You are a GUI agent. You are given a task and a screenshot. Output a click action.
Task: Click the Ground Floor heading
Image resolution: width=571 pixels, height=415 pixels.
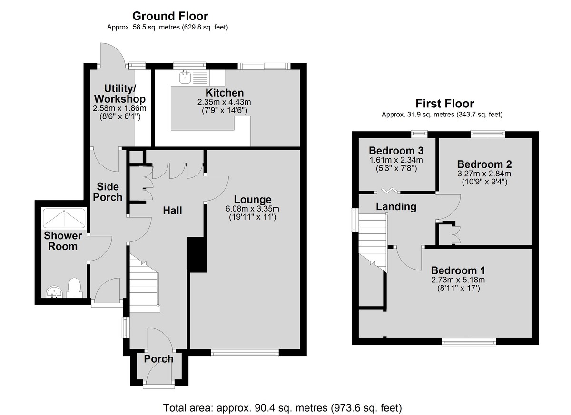point(170,16)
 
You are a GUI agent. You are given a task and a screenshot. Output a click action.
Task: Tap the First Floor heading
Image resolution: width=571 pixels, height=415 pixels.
point(445,104)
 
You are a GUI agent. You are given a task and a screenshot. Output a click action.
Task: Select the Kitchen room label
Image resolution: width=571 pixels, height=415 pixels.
point(225,93)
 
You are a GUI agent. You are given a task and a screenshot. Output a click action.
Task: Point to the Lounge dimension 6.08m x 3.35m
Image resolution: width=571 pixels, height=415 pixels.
point(252,209)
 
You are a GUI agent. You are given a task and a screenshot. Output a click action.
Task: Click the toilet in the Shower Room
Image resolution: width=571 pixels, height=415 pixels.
point(74,288)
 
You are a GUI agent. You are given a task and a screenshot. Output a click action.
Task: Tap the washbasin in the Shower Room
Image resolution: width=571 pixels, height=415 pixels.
point(54,291)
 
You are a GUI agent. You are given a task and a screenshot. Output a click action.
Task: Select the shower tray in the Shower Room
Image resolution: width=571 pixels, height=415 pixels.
point(64,218)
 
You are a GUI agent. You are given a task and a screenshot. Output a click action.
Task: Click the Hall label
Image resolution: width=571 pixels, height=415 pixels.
point(172,211)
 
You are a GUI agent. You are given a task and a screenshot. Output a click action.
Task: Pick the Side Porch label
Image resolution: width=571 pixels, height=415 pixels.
point(108,192)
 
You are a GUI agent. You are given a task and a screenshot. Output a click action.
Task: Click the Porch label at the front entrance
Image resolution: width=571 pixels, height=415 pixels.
point(158,359)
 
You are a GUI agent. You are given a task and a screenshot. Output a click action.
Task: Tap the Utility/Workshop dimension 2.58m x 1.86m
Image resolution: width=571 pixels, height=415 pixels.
point(119,108)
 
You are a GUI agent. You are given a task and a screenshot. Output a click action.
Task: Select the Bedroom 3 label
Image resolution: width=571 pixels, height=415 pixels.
point(396,151)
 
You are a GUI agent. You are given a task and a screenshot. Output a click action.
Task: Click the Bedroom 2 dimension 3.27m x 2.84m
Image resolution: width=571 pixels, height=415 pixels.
point(484,174)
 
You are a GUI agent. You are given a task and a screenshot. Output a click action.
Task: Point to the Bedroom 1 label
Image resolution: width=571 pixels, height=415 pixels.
point(458,270)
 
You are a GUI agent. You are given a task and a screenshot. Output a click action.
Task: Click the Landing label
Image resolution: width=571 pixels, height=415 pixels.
point(396,206)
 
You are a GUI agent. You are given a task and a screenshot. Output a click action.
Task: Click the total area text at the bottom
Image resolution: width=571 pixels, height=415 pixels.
point(283,407)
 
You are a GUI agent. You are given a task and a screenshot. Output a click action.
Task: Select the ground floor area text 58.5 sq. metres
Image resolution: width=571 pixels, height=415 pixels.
point(156,27)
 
